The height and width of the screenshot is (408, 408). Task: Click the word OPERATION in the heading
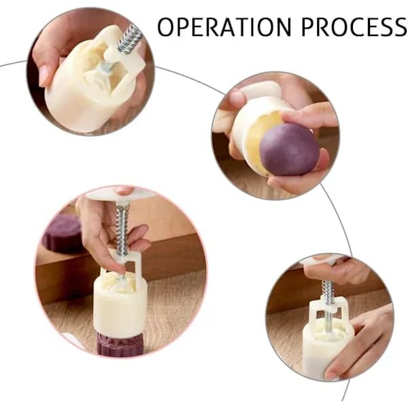(224, 27)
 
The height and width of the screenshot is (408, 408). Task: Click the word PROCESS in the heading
(354, 27)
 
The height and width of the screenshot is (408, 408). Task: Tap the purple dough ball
(290, 149)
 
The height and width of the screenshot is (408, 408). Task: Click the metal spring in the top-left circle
(129, 39)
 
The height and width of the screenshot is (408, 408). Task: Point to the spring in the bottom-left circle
(122, 229)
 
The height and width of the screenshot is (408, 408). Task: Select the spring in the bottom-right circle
(328, 292)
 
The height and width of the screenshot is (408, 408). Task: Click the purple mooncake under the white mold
(120, 345)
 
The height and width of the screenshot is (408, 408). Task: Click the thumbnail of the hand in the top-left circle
(44, 75)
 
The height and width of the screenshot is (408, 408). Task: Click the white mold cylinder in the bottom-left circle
(120, 308)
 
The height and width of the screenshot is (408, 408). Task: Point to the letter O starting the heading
(166, 27)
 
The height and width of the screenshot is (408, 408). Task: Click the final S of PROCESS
(399, 27)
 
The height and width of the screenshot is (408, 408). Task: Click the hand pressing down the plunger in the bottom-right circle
(338, 271)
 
